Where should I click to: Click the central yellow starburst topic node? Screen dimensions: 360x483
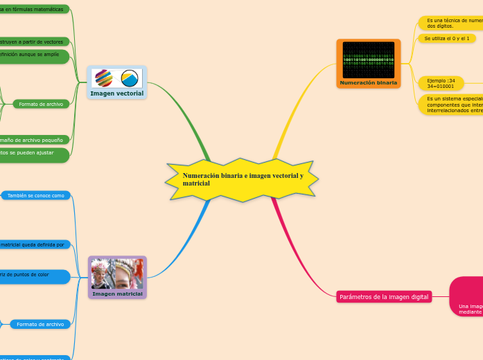click(x=242, y=180)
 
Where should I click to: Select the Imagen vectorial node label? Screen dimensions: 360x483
click(x=116, y=93)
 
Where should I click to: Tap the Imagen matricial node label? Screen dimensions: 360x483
click(x=117, y=294)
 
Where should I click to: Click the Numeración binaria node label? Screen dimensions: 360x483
click(x=369, y=82)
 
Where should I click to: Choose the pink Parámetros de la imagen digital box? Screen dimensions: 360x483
click(x=383, y=297)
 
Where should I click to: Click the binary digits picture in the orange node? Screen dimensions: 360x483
click(x=369, y=60)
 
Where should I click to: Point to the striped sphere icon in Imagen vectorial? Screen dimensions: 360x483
click(x=103, y=78)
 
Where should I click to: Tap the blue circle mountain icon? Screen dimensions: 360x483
click(x=130, y=78)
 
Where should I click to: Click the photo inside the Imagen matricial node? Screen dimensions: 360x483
click(x=117, y=273)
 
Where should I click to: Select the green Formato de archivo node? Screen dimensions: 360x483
click(x=41, y=104)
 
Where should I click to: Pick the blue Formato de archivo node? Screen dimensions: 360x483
click(x=40, y=324)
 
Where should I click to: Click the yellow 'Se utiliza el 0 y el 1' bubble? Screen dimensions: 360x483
click(x=447, y=39)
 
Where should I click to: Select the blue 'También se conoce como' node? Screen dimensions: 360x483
click(x=35, y=196)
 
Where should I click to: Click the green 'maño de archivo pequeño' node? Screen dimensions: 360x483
click(x=33, y=140)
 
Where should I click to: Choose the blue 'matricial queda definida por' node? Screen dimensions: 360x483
click(x=33, y=244)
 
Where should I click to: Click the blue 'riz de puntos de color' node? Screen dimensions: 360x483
click(x=33, y=276)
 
